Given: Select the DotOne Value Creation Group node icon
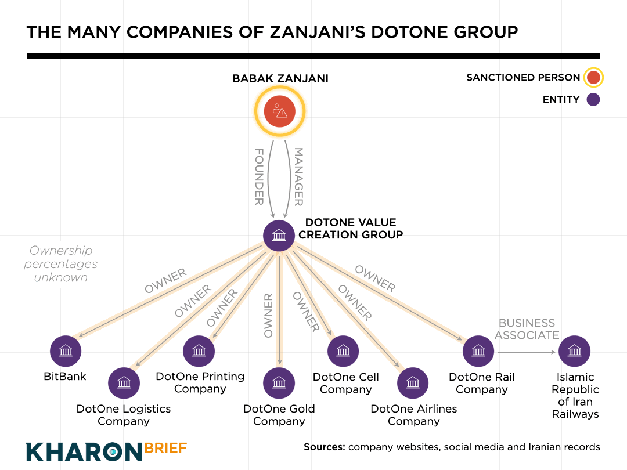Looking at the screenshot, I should coord(279,235).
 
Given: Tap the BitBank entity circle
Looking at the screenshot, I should coord(66,350).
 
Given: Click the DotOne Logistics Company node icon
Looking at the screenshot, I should coord(124,382).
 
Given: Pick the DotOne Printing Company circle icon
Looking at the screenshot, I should coord(199,350).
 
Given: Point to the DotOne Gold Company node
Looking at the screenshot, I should coord(279,382).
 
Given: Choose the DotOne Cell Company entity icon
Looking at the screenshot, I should coord(343,350).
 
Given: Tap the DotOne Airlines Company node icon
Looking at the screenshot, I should coord(413,382).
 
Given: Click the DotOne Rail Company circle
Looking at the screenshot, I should coord(478,350).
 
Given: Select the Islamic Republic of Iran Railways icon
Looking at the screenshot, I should coord(574,350).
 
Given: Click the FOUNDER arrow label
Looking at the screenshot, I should coord(260,176).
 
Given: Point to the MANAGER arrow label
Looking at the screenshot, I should coord(299,176).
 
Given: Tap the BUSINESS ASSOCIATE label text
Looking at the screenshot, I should coord(527,329).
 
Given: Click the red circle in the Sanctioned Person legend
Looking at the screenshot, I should coord(593,77).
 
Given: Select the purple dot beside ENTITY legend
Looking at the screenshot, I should coord(593,100).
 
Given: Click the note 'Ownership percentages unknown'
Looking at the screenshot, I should coord(60,264).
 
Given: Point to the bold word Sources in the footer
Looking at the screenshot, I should coord(324,447).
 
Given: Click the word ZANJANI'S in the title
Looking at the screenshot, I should coord(325,31).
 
